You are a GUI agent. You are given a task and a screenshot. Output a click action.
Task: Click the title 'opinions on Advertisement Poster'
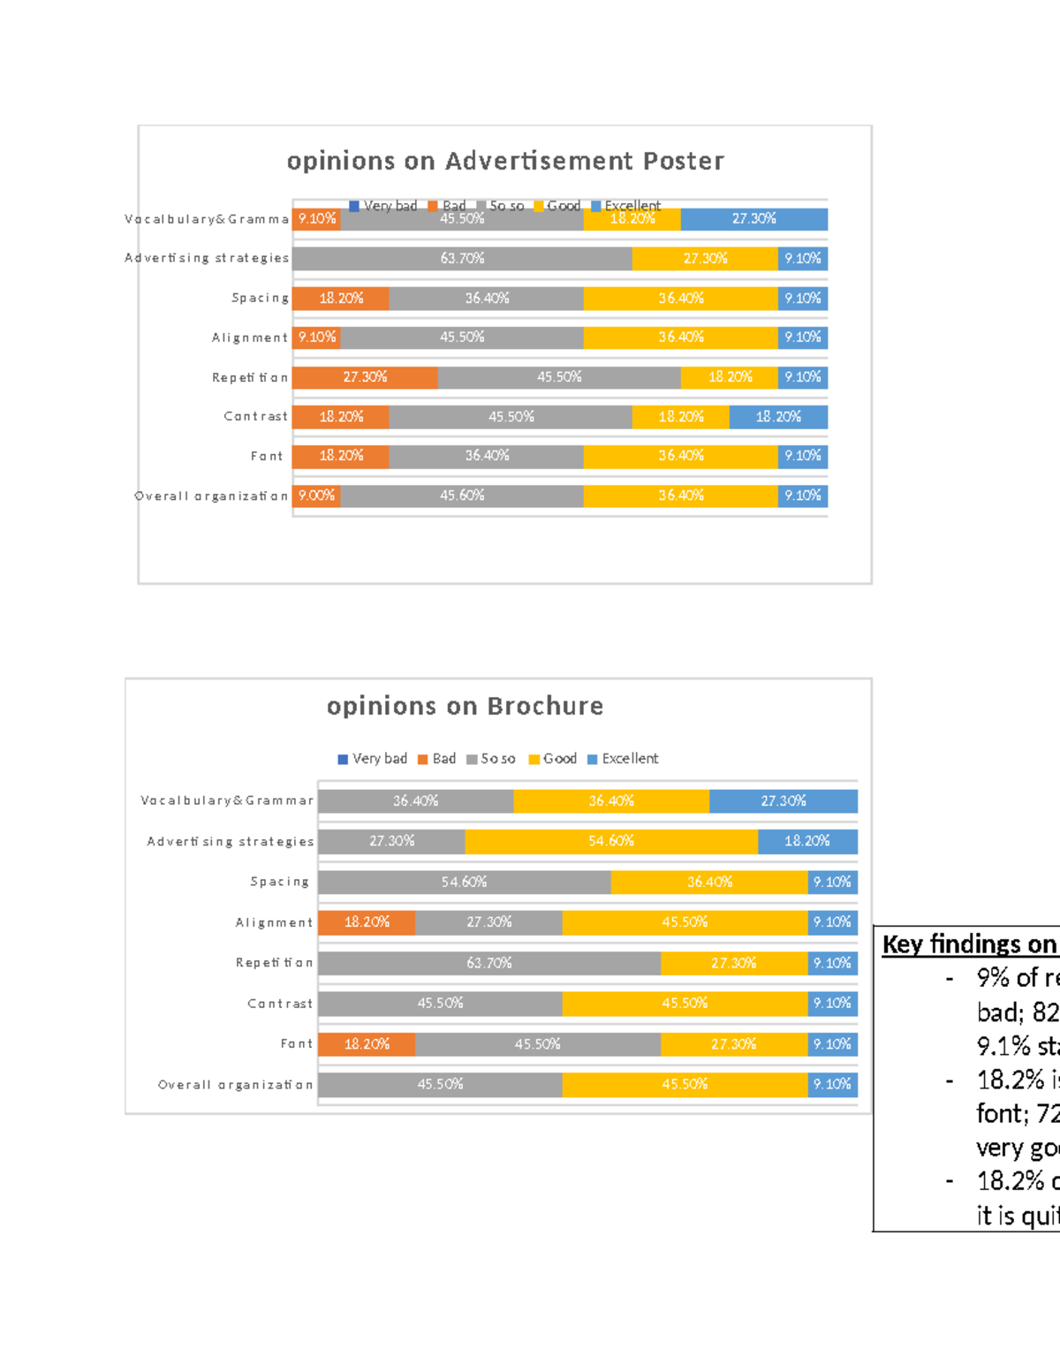click(x=505, y=161)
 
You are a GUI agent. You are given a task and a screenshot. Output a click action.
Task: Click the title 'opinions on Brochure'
click(x=465, y=706)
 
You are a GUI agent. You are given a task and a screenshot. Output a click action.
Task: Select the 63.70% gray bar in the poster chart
click(x=462, y=259)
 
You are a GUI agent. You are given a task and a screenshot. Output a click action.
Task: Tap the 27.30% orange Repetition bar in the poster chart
click(x=365, y=377)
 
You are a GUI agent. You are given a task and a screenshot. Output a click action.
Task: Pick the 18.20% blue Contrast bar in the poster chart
click(x=778, y=417)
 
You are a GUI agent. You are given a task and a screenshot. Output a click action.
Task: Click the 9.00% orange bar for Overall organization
click(x=316, y=496)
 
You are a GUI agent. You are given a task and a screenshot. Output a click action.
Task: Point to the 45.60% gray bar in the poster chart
click(x=462, y=496)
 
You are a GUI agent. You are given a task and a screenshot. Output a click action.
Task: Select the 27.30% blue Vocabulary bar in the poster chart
click(x=753, y=219)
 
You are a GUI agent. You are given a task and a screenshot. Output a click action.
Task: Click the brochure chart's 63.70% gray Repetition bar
click(x=489, y=963)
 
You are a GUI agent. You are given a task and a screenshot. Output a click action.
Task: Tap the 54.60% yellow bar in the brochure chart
click(x=611, y=841)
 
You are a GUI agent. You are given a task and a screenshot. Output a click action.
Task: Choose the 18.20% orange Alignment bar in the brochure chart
click(x=367, y=922)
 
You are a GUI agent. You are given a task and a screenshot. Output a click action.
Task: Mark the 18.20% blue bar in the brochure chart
click(x=807, y=841)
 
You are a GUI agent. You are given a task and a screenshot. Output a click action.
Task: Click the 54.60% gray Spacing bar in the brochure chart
click(x=465, y=882)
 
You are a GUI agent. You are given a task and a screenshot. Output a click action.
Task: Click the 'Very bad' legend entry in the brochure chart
click(x=373, y=759)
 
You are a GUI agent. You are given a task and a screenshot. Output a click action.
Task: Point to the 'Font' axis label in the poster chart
click(x=267, y=456)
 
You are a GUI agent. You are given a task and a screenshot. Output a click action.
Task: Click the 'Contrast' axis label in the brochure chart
click(x=279, y=1004)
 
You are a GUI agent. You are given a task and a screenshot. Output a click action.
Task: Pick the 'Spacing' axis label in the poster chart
click(x=260, y=298)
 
